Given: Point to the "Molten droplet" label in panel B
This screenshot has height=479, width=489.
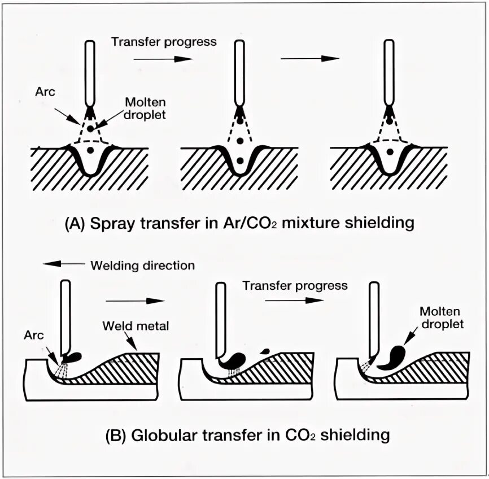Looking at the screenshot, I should [440, 319].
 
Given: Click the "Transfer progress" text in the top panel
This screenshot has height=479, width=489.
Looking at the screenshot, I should [164, 42].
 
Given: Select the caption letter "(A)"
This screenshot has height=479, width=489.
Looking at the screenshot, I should [76, 223].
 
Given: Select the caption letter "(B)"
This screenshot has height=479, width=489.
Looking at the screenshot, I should [116, 436].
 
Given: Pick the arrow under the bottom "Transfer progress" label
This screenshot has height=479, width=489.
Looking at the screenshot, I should [286, 300].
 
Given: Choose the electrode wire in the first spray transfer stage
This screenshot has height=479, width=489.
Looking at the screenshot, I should [90, 71].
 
